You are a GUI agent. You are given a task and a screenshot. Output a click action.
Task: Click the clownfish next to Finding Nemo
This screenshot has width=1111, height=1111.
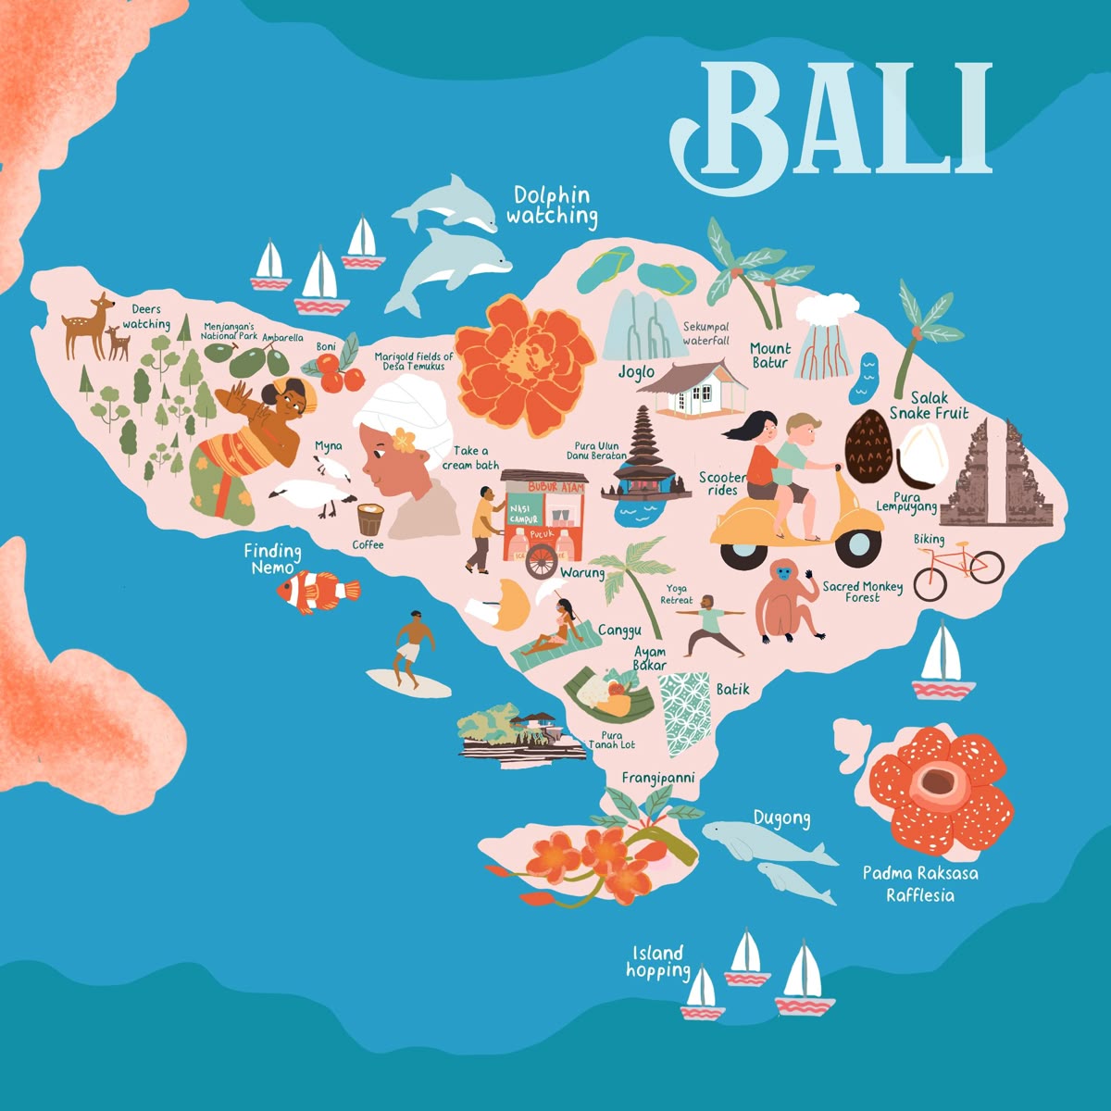pos(317,591)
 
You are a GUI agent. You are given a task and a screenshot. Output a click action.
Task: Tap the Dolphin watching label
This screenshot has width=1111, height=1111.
pos(552,206)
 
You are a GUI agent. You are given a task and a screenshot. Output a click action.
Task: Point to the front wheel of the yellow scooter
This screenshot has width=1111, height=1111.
pos(858,547)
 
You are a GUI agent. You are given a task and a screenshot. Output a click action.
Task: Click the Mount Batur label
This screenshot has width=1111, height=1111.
pos(769,356)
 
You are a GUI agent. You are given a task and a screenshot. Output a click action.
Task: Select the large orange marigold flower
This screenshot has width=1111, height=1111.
pos(525,363)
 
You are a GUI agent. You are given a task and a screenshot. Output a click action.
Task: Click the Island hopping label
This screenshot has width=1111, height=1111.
pos(658,961)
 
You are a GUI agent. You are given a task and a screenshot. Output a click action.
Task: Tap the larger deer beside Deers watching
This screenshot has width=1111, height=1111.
pos(88,325)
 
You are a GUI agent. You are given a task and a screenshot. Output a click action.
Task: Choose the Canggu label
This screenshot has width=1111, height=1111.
pos(619,630)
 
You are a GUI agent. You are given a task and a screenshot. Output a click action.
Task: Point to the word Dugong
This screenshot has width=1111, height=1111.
pos(781,818)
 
